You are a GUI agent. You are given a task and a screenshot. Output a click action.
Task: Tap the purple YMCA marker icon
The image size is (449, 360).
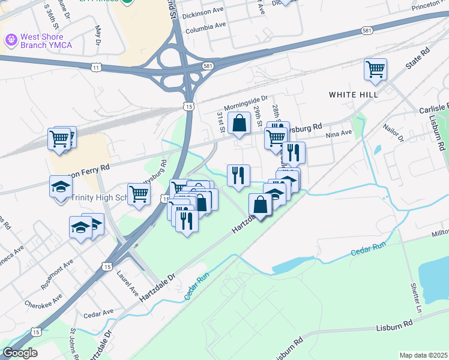(x=11, y=40)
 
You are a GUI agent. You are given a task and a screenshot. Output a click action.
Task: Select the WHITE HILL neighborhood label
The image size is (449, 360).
(x=353, y=95)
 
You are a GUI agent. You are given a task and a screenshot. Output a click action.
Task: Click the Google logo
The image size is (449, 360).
(x=20, y=353)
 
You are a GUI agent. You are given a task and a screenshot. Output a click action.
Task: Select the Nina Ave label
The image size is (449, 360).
(x=338, y=136)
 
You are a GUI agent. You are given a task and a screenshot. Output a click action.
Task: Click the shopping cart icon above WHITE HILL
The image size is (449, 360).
(x=375, y=69)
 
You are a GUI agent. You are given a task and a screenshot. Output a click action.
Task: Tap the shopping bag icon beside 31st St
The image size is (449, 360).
(x=239, y=123)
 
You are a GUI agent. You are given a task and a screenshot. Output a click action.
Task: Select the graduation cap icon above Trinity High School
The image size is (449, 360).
(x=61, y=187)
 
